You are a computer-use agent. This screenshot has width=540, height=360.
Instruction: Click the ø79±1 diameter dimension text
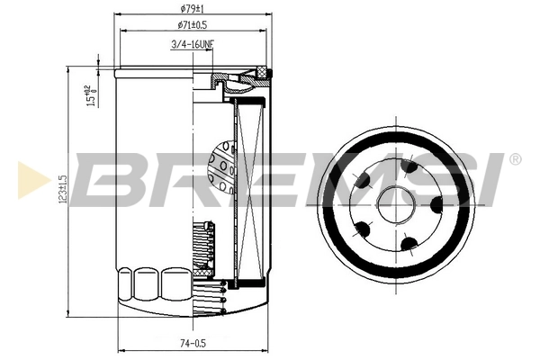[189, 9]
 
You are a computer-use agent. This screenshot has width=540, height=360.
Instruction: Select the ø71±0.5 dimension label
[189, 25]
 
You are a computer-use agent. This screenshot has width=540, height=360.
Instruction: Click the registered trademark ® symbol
[514, 159]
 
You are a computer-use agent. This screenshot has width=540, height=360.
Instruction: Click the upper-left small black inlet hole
[364, 183]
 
